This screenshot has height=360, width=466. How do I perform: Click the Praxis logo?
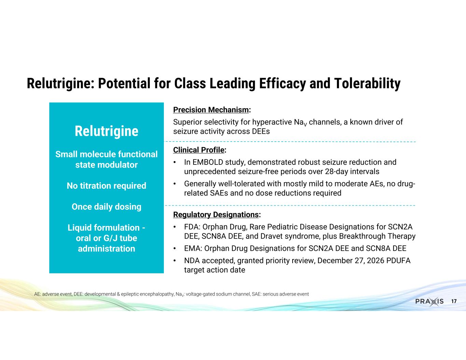coord(429,302)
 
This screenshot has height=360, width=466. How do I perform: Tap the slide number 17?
coord(454,302)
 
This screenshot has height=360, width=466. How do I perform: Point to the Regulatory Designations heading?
coord(217,215)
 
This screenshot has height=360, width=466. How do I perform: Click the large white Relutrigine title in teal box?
coord(107,131)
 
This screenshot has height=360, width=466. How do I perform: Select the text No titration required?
coord(107,186)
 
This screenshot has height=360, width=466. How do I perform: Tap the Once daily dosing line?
coord(107,206)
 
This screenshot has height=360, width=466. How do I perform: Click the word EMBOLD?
coord(208,162)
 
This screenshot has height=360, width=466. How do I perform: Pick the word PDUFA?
coord(398,261)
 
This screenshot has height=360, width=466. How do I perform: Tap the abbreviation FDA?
coord(192,227)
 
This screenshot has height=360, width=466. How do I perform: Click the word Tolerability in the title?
coord(367,83)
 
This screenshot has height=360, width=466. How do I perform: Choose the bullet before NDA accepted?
coord(175,261)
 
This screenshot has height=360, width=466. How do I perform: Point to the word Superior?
coord(187,122)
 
